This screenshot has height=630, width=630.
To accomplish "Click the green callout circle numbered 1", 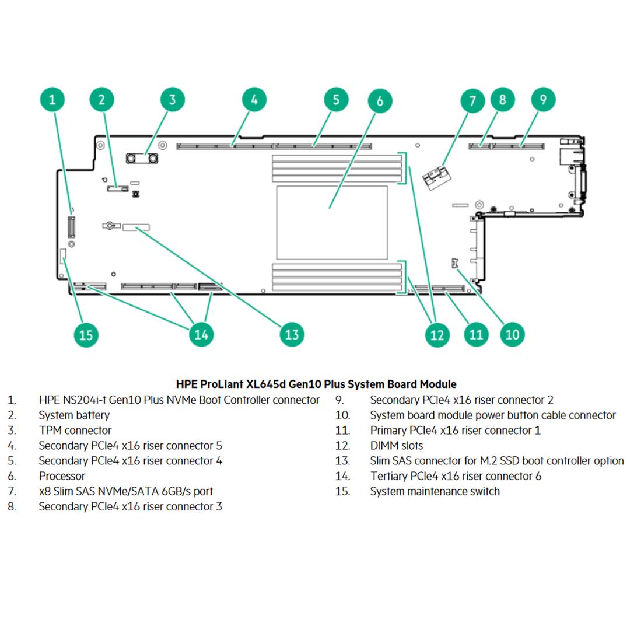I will pos(52,99).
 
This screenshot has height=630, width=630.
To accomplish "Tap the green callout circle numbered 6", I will pos(380,101).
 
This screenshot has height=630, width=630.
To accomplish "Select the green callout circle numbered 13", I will pos(292,334).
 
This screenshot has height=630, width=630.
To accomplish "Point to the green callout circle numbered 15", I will pos(86,335).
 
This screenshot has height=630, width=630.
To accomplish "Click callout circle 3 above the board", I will pos(172,99).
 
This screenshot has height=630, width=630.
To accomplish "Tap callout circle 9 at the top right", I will pos(543,99).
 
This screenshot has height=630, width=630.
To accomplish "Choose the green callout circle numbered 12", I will pos(437,334).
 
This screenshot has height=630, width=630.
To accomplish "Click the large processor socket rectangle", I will pos(332,223).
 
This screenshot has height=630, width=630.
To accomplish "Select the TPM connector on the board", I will pos(143,158).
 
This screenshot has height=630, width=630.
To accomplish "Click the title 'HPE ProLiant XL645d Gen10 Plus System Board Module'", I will pos(316,384).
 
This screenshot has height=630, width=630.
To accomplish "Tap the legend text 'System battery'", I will pos(74,415).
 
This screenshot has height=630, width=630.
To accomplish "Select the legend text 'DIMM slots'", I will pos(396,446).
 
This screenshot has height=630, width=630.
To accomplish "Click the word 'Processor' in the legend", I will pos(62,476).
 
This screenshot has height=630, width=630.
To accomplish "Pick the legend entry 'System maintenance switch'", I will pos(435,491).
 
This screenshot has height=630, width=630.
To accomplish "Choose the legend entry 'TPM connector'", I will pos(75,430).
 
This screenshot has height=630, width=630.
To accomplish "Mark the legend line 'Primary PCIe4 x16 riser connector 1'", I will pos(455,430).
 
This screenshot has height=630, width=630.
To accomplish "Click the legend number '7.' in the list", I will pos(12,491).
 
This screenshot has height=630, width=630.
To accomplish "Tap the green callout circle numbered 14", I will pos(201,334).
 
